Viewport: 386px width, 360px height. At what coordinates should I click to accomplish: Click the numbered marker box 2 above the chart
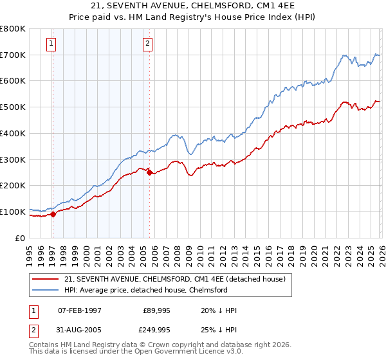click(x=148, y=44)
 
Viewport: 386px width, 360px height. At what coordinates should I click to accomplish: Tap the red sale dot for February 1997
click(x=53, y=215)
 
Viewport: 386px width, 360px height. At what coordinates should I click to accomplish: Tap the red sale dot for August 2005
click(x=149, y=172)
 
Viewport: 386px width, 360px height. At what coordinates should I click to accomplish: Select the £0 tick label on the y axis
click(x=19, y=238)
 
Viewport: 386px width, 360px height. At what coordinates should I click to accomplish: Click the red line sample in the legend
click(x=46, y=278)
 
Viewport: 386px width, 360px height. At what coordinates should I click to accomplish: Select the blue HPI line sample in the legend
click(x=46, y=290)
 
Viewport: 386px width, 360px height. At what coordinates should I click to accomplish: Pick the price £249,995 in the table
click(x=156, y=329)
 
